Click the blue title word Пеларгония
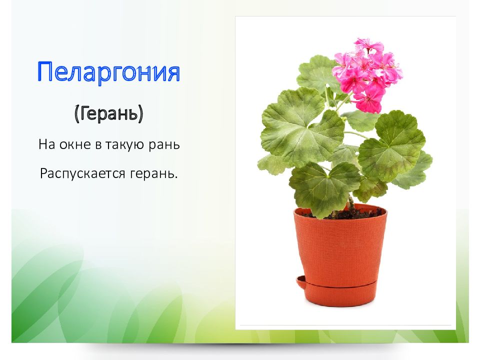coord(108,72)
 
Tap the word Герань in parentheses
coord(108,113)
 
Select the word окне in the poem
coord(76,144)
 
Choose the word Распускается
coord(82,174)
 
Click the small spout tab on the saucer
coord(300,281)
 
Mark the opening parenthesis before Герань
coord(76,114)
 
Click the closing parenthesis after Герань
coord(140,114)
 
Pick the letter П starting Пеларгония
coord(44,71)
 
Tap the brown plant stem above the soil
coord(351,203)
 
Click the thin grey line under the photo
coord(345,325)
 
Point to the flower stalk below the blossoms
coord(343,102)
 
